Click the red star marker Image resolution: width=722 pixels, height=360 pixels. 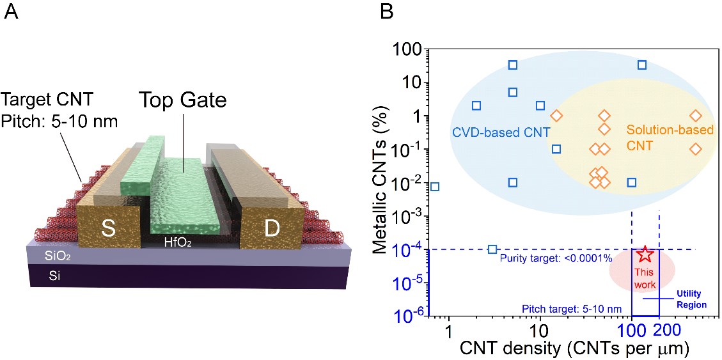click(645, 254)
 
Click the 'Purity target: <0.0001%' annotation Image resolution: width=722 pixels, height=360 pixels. click(556, 258)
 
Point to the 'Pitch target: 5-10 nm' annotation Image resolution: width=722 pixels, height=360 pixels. click(571, 309)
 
